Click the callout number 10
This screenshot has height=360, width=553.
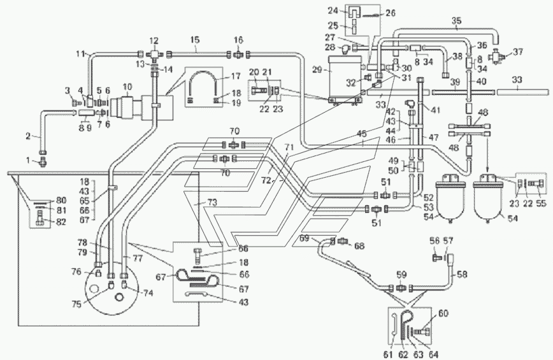[127, 87]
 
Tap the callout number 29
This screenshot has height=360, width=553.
[317, 70]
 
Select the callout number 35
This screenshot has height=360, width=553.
[456, 21]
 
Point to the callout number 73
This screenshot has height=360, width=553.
[212, 203]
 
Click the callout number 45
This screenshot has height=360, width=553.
[362, 134]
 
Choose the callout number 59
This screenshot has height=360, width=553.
[401, 274]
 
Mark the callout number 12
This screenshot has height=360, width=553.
[154, 41]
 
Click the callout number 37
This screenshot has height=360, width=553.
[518, 52]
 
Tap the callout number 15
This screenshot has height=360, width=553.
[195, 39]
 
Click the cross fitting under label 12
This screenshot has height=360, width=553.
[154, 54]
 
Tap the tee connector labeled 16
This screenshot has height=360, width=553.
[238, 54]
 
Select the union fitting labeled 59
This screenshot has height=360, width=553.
[401, 288]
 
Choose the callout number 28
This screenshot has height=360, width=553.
[330, 47]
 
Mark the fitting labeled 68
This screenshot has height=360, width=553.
[343, 241]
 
